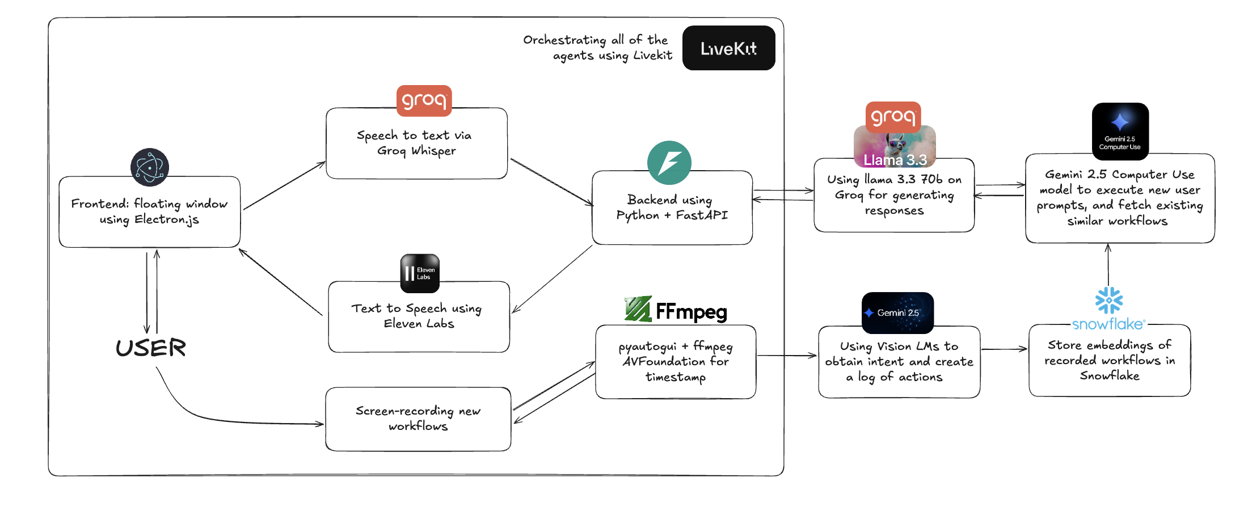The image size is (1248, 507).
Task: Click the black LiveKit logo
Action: [728, 48]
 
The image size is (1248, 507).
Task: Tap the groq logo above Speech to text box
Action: [424, 100]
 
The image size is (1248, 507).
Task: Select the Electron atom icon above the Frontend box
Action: [150, 167]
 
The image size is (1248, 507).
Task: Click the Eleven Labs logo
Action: [420, 273]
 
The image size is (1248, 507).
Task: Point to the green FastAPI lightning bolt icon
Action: [669, 163]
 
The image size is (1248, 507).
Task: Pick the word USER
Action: [151, 348]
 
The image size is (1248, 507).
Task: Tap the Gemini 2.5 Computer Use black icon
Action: [1120, 131]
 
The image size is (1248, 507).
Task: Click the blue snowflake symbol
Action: [1109, 301]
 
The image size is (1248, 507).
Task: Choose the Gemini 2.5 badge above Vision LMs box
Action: [897, 312]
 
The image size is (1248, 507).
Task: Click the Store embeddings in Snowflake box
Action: [1110, 360]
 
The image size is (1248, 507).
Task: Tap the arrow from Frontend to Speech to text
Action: [284, 186]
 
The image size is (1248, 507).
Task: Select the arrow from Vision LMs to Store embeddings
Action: [1004, 349]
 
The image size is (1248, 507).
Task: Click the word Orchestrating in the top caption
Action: [564, 40]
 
